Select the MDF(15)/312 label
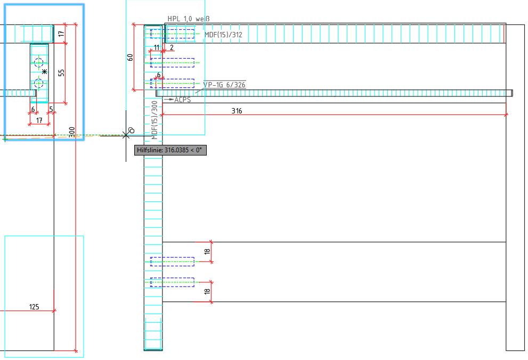(x=223, y=35)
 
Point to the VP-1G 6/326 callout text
(x=224, y=85)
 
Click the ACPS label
(x=182, y=100)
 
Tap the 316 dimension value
(x=237, y=111)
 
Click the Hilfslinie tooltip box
(x=170, y=150)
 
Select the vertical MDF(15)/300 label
(x=155, y=119)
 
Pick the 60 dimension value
(x=130, y=57)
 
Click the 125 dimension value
(x=34, y=306)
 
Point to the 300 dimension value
(x=71, y=132)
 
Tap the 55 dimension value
(x=61, y=72)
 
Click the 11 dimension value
(x=157, y=47)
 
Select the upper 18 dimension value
(x=207, y=251)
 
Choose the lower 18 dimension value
(x=207, y=292)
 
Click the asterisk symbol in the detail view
(x=44, y=71)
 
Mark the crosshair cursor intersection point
(x=126, y=135)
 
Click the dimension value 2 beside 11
(x=172, y=47)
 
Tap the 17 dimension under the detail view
(x=39, y=120)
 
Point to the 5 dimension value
(x=51, y=109)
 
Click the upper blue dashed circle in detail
(x=38, y=63)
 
